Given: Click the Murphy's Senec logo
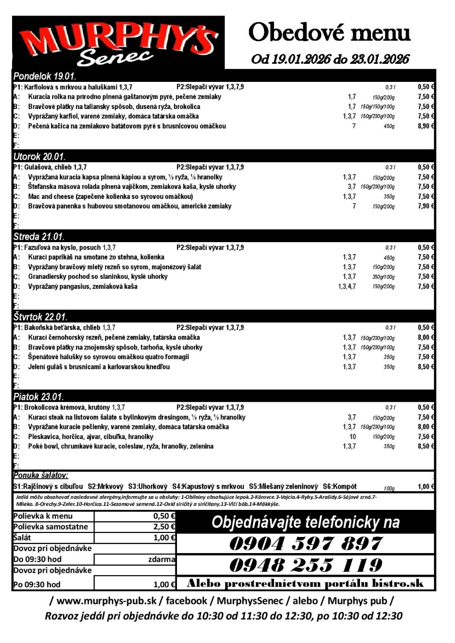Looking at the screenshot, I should tap(119, 42).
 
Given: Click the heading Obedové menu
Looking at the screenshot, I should tap(329, 33).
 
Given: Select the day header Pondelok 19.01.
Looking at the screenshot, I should tap(45, 77).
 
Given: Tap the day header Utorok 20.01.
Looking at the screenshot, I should tap(40, 157).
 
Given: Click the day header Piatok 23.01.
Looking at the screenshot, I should tap(38, 397).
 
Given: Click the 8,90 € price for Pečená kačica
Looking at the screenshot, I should tap(425, 126).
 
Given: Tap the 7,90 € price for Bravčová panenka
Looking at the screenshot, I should tap(425, 206).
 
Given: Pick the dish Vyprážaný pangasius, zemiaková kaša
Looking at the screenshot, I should tap(83, 286).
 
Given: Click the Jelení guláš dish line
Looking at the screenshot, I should tap(99, 367).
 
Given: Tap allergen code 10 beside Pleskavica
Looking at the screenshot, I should tap(352, 437).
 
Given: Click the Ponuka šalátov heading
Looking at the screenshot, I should tap(41, 475).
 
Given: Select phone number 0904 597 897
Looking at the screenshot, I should tap(306, 544).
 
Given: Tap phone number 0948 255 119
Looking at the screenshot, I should tap(306, 565).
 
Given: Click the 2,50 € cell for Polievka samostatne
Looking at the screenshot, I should tap(164, 526).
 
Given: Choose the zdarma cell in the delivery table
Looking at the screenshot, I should tap(161, 559).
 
